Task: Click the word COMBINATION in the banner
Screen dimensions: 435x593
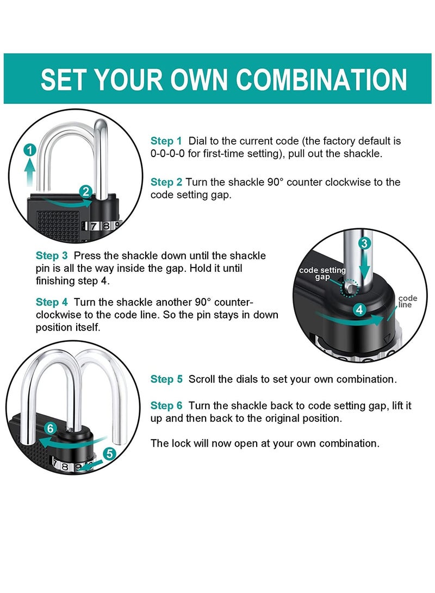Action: point(321,79)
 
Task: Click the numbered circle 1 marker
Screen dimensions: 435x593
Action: point(30,150)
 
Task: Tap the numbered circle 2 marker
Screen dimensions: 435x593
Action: point(85,191)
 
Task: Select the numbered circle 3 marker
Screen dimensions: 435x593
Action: point(364,243)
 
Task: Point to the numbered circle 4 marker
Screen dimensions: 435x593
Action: point(359,310)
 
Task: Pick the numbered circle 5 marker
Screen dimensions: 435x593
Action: point(109,453)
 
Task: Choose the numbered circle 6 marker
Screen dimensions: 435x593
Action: point(51,428)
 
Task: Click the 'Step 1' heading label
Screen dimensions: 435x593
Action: point(166,141)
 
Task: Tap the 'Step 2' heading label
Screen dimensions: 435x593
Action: point(166,182)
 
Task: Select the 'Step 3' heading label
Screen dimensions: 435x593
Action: point(52,255)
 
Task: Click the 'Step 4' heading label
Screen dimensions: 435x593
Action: point(52,302)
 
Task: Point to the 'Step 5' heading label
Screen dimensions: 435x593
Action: point(166,379)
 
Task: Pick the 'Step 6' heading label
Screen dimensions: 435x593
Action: point(166,406)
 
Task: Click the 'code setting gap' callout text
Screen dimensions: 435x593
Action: point(322,273)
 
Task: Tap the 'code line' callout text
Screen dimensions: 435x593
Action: point(407,302)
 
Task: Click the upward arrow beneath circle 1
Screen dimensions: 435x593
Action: point(30,172)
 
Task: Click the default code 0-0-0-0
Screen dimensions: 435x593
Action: point(167,154)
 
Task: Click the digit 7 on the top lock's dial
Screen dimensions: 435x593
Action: point(94,226)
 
